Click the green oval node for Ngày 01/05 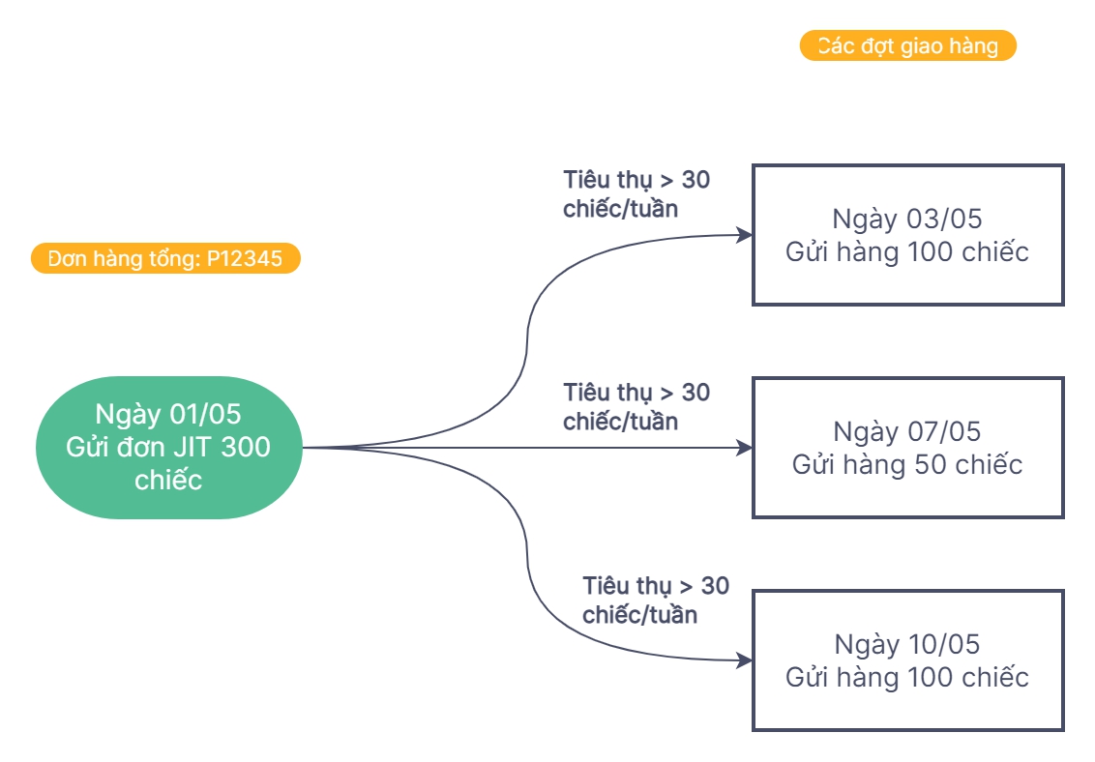tap(168, 447)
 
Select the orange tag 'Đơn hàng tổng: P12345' tap(165, 259)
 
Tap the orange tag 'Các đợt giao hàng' tap(907, 46)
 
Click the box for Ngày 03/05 tap(907, 235)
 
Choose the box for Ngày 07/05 tap(907, 448)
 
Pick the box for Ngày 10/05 tap(907, 660)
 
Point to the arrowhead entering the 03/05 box tap(745, 235)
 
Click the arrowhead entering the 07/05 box tap(745, 448)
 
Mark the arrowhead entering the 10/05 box tap(745, 660)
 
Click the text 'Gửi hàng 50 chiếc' tap(907, 465)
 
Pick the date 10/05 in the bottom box tap(944, 644)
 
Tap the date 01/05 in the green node tap(204, 414)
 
